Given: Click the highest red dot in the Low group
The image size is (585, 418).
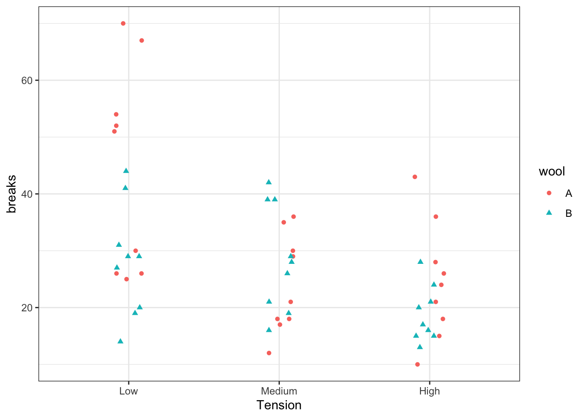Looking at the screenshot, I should tap(123, 24).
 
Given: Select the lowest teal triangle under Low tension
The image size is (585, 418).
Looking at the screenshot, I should tap(121, 341).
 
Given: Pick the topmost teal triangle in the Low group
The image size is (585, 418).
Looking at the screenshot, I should tap(126, 171).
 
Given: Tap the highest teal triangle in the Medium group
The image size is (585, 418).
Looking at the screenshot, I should tap(269, 182).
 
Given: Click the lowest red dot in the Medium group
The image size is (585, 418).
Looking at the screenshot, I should tap(269, 353).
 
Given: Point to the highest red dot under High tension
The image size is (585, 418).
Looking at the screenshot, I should tap(415, 177).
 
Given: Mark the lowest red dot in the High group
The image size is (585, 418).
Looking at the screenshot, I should tap(417, 364).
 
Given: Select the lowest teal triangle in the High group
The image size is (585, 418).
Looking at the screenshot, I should tap(420, 347).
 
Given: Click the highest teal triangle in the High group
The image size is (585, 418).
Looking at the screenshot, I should tap(420, 262).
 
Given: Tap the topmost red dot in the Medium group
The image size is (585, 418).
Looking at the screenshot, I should tap(293, 216).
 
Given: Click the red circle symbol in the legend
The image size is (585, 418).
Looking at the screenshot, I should tap(549, 193).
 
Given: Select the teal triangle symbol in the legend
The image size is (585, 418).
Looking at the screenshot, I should tap(549, 212).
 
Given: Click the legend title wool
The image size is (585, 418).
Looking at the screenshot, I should tap(551, 172).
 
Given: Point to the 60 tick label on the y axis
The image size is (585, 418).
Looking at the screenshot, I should tap(27, 81).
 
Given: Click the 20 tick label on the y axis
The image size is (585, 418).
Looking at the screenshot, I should tap(27, 307).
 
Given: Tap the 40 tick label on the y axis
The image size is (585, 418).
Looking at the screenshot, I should tap(27, 194).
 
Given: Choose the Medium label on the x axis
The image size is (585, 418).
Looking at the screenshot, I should tap(279, 391).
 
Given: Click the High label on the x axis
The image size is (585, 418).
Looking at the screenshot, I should tap(430, 391).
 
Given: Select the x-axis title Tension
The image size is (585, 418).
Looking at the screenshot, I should tap(279, 405).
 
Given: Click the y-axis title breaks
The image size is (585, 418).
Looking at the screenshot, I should tap(12, 194).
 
